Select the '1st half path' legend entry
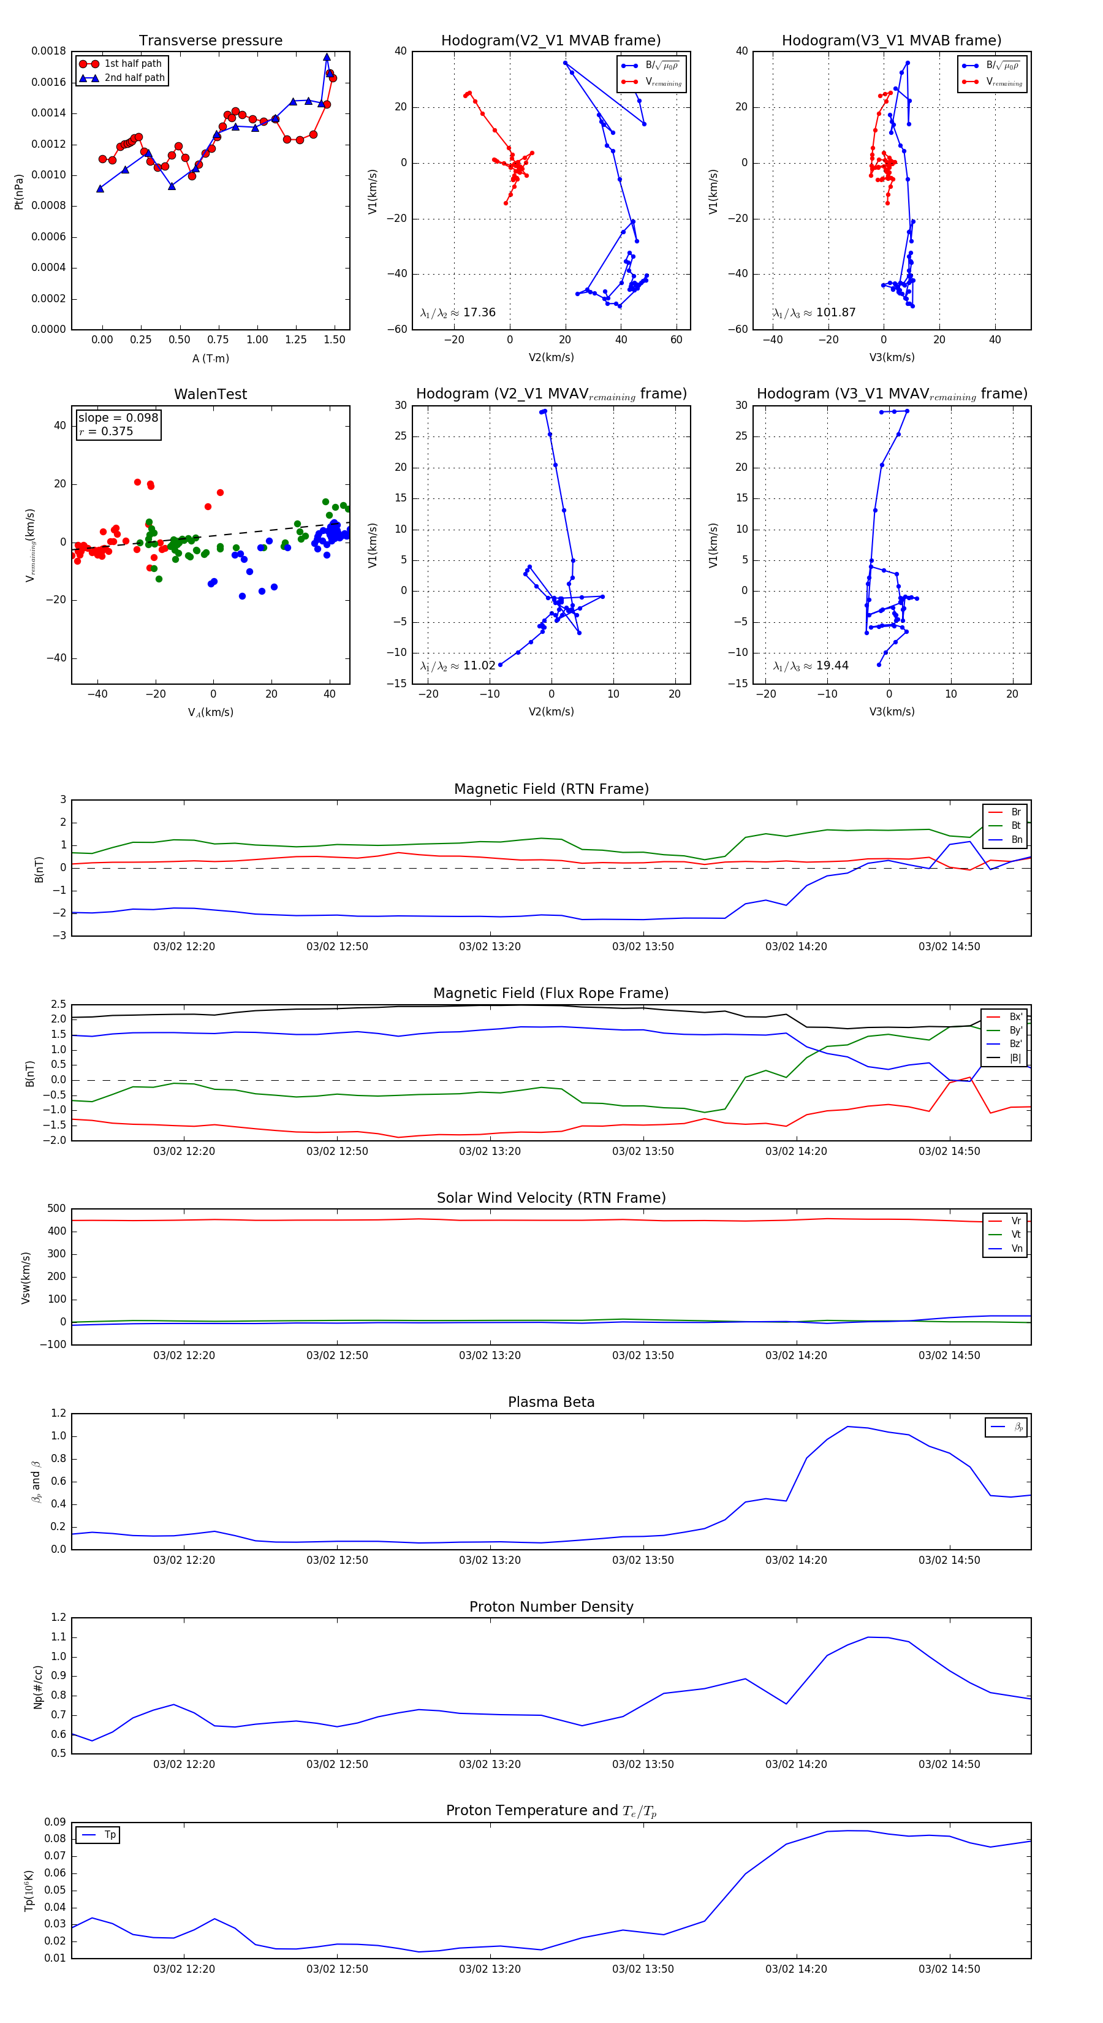tap(133, 64)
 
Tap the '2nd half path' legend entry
tap(134, 78)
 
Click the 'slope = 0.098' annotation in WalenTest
tap(118, 418)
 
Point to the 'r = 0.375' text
tap(106, 431)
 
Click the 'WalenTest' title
tap(210, 394)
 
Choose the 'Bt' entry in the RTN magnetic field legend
tap(1015, 825)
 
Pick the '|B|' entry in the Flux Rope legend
tap(1015, 1058)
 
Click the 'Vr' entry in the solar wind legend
tap(1015, 1221)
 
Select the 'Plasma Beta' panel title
tap(551, 1403)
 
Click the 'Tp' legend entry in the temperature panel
tap(110, 1835)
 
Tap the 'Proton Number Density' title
tap(551, 1607)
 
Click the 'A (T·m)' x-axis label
tap(210, 359)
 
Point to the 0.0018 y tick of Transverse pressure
tap(48, 51)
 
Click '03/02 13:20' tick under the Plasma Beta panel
tap(490, 1560)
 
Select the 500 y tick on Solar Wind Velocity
tap(56, 1209)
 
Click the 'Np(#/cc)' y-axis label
tap(37, 1687)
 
